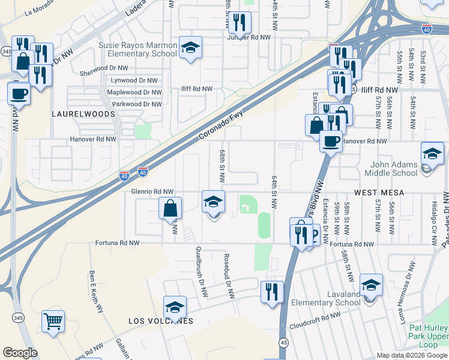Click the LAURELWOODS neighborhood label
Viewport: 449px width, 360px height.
click(74, 113)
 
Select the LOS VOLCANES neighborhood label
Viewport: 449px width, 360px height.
click(161, 321)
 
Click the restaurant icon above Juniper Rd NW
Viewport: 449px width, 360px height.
click(240, 22)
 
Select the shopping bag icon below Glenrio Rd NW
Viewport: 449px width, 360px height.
click(170, 209)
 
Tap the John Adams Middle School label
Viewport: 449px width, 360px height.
click(394, 169)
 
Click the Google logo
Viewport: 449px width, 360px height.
click(20, 353)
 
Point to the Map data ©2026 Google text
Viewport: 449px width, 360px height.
click(411, 355)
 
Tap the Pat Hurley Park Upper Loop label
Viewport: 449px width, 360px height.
click(428, 337)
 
